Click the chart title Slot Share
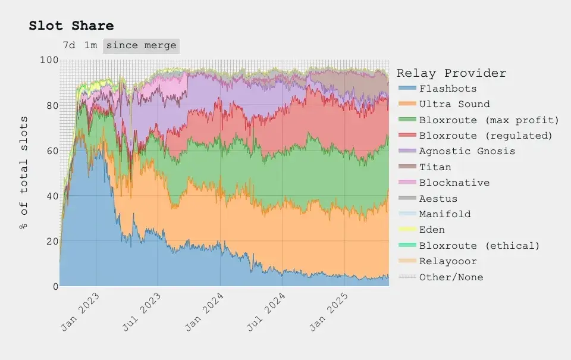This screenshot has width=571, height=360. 71,26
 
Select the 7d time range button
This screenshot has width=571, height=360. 69,46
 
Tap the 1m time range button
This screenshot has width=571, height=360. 90,46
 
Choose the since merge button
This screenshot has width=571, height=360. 141,46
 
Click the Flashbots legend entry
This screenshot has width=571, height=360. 447,89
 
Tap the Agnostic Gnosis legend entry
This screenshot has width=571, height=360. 467,151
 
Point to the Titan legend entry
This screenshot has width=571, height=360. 435,167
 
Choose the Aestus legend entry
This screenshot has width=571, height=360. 438,199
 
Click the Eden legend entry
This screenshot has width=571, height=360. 432,230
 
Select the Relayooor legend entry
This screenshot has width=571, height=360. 447,261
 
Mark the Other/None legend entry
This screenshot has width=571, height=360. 451,277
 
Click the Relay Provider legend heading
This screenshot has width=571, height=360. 451,73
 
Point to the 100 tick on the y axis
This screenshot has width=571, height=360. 49,61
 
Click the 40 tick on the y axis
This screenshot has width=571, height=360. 52,196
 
